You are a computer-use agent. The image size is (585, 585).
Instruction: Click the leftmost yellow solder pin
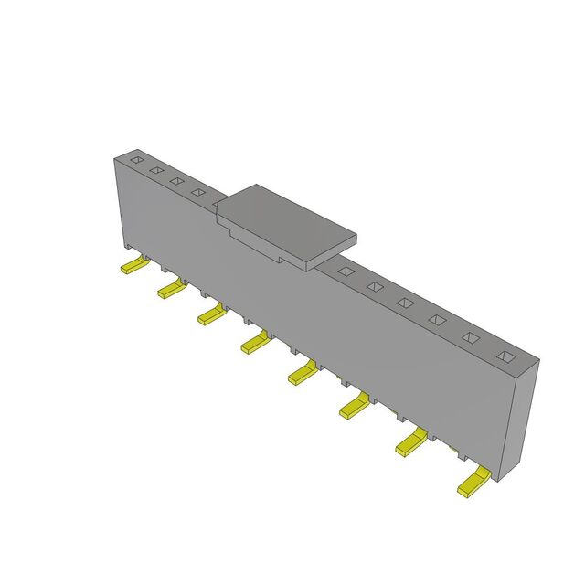tap(133, 267)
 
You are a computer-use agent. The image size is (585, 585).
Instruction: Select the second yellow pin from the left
tap(171, 290)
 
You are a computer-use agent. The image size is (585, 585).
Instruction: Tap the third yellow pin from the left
tap(210, 315)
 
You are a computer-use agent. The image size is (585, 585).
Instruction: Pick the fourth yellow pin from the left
tap(254, 343)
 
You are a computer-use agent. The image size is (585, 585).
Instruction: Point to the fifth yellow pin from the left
tap(301, 372)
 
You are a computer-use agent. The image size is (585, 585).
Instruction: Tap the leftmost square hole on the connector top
tap(135, 161)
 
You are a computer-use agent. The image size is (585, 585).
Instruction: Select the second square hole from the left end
tap(155, 170)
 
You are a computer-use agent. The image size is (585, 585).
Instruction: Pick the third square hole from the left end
tap(175, 181)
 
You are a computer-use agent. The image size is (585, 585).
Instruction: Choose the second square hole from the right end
tap(470, 336)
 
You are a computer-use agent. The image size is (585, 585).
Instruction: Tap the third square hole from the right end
tap(437, 319)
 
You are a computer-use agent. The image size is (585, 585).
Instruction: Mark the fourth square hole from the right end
tap(405, 303)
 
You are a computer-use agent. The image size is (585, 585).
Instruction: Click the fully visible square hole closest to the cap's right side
tap(346, 271)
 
